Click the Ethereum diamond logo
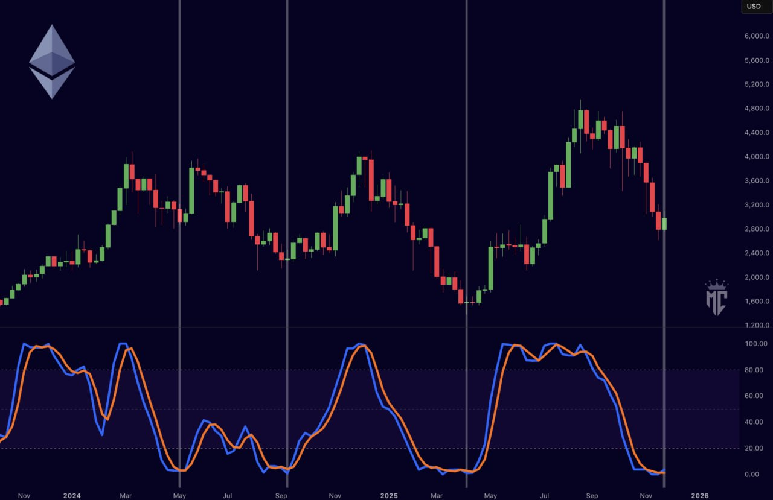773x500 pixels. [52, 62]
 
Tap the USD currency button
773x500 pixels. [754, 7]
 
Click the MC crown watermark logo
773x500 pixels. [717, 298]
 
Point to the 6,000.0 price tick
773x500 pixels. [757, 36]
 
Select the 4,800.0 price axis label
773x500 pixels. [757, 109]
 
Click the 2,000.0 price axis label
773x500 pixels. [757, 277]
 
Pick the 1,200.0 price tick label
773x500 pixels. [757, 326]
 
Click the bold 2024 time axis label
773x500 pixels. [72, 496]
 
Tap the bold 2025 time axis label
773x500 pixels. [389, 496]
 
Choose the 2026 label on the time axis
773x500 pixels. [700, 496]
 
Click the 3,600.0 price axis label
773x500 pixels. [757, 181]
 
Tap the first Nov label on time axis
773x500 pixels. [24, 496]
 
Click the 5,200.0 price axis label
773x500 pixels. [757, 84]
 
